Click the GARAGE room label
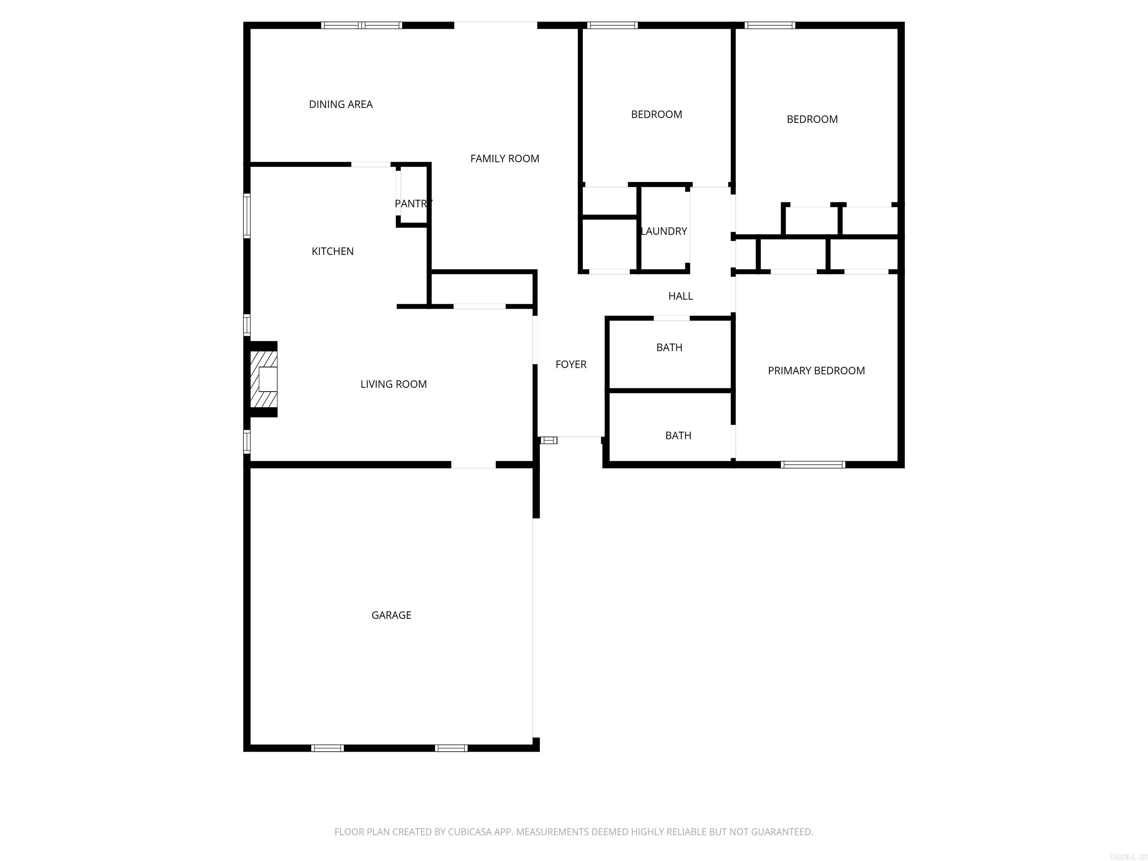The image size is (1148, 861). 391,615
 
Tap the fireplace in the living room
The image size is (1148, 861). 264,379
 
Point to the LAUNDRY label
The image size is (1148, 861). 664,231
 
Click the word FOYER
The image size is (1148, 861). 571,365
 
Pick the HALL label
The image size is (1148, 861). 681,296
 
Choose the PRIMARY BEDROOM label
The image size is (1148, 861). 817,371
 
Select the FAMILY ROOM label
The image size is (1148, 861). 505,159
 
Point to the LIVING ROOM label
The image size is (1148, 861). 394,385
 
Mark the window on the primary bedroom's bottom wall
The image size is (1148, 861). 813,465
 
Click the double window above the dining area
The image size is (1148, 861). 361,25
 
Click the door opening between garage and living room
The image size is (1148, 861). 473,465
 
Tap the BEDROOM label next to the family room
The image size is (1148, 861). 657,115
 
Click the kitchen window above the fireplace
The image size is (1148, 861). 247,325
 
